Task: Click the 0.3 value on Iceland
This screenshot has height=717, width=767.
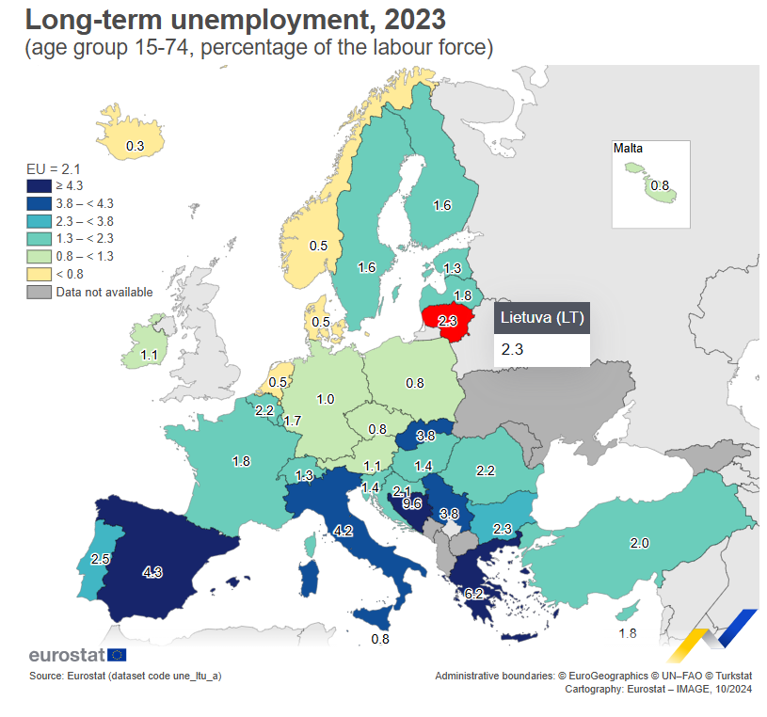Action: click(135, 146)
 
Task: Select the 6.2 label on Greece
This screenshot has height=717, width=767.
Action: click(473, 594)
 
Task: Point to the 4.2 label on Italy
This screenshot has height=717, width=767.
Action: click(343, 531)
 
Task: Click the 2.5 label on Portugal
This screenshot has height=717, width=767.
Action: click(101, 559)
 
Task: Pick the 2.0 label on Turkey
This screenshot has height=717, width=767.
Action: click(639, 543)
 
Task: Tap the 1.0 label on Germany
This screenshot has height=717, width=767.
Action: click(326, 399)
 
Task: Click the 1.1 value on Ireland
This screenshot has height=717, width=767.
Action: click(149, 355)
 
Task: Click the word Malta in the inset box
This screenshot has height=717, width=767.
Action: click(628, 149)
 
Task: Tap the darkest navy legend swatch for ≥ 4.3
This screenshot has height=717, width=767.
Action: click(39, 186)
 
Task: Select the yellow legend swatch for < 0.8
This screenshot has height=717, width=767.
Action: click(39, 274)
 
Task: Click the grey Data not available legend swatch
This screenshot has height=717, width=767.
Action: click(39, 292)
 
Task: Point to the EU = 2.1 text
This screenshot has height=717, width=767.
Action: click(54, 168)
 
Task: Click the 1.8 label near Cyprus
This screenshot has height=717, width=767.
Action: click(628, 633)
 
